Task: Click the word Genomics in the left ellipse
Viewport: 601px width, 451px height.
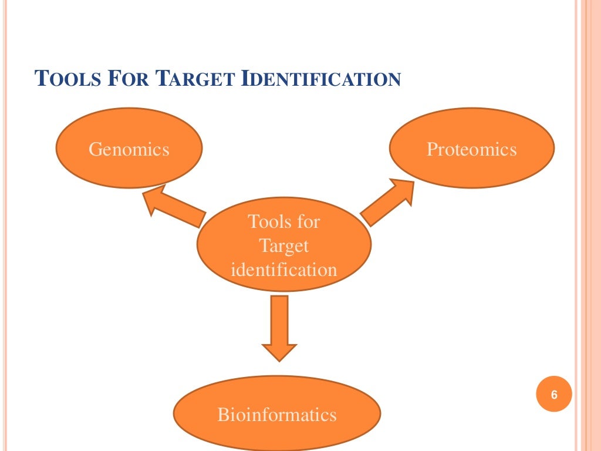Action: pyautogui.click(x=129, y=149)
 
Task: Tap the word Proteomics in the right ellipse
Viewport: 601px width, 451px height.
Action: pyautogui.click(x=471, y=149)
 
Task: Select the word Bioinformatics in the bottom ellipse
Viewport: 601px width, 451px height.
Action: pyautogui.click(x=277, y=415)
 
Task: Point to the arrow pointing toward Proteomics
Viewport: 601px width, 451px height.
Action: pyautogui.click(x=387, y=202)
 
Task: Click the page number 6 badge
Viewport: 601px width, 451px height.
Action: pyautogui.click(x=553, y=394)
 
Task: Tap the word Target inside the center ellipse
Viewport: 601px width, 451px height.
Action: pyautogui.click(x=284, y=245)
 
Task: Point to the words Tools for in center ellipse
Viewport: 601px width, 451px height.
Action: pyautogui.click(x=284, y=221)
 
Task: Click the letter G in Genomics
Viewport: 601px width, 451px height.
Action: pyautogui.click(x=94, y=149)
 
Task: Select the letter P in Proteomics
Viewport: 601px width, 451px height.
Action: pyautogui.click(x=431, y=149)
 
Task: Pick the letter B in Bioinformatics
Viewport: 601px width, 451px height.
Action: pyautogui.click(x=222, y=415)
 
